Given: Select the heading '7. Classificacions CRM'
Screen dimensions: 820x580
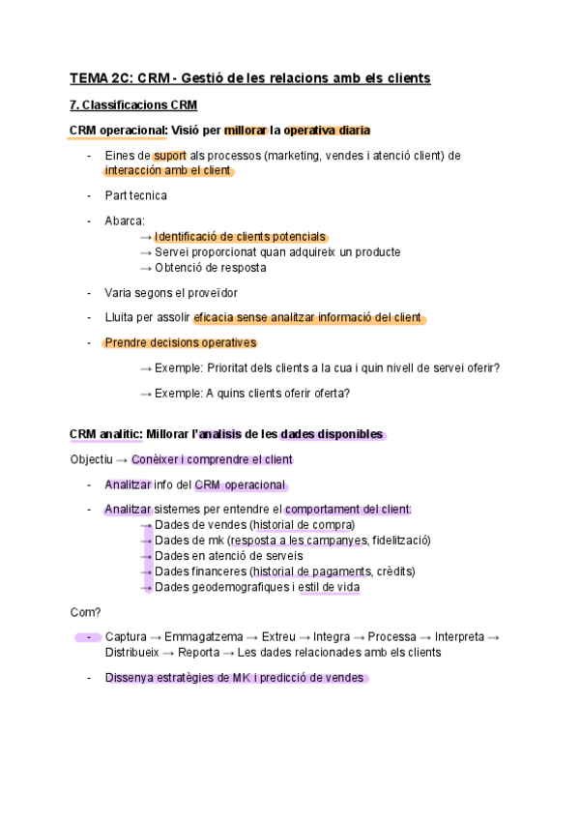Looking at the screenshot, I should point(133,104).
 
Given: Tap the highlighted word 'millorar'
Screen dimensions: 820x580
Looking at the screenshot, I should point(246,131).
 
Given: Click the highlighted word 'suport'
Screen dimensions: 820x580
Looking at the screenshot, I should point(169,155).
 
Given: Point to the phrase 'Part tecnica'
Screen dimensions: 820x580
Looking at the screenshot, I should point(135,195).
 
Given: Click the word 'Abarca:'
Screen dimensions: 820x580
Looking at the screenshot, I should point(125,220).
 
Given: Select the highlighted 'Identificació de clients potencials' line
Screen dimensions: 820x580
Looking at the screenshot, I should point(240,237).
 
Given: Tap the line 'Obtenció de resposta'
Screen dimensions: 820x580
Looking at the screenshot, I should point(210,268).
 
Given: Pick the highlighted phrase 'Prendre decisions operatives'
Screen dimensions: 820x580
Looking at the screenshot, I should point(180,342).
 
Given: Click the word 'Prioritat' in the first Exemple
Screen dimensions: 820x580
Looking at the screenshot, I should point(230,367).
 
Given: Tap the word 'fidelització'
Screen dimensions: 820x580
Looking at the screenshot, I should point(400,541).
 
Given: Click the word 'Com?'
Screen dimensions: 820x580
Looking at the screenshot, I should point(86,612).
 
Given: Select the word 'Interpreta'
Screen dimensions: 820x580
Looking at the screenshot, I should point(459,637).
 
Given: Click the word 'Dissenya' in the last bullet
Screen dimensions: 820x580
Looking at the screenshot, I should point(130,678).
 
